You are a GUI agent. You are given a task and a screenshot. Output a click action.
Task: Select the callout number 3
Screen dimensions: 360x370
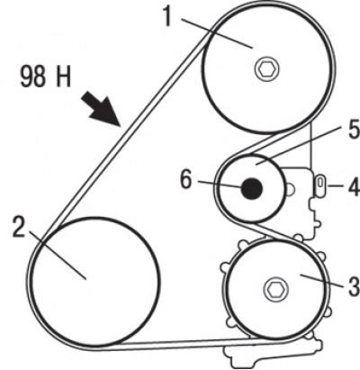(354, 285)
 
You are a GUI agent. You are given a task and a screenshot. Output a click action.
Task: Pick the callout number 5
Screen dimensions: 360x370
(354, 128)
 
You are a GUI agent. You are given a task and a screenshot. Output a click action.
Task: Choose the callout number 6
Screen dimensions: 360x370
(186, 180)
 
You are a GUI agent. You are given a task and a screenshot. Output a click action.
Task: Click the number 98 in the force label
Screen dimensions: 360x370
(33, 77)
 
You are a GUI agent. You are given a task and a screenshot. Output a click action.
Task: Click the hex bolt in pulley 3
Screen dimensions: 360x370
(274, 289)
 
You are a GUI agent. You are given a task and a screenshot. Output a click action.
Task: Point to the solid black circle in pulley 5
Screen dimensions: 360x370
(252, 188)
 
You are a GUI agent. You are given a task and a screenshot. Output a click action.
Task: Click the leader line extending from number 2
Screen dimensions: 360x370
(56, 255)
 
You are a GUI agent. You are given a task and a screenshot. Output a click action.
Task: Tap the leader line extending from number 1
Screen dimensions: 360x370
(217, 33)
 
